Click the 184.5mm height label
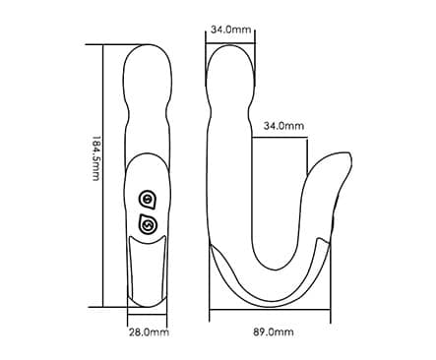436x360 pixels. click(x=95, y=158)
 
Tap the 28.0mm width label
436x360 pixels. click(x=149, y=332)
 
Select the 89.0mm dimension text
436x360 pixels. click(x=274, y=332)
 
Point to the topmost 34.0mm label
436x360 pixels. click(x=231, y=30)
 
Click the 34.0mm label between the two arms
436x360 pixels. click(x=283, y=126)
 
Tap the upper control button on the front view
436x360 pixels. click(x=148, y=199)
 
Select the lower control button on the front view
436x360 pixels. click(x=148, y=224)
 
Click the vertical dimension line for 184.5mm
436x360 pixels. click(x=103, y=176)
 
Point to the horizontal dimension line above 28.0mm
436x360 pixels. click(x=148, y=315)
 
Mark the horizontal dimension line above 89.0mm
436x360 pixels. click(x=270, y=309)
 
